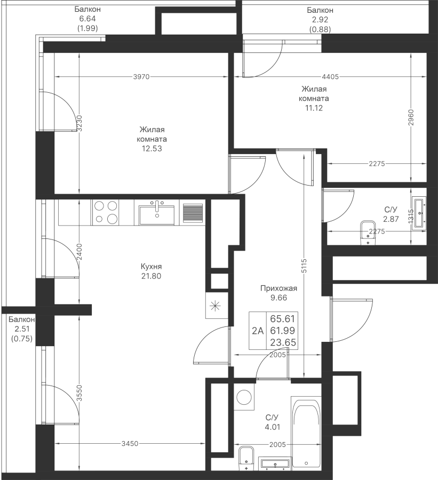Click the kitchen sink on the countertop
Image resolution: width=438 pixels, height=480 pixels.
click(156, 213)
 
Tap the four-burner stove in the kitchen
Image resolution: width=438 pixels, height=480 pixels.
click(105, 212)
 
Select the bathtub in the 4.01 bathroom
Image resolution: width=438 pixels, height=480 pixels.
click(306, 432)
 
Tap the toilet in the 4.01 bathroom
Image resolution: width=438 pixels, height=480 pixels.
click(246, 459)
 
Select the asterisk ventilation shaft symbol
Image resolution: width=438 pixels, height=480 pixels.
click(216, 306)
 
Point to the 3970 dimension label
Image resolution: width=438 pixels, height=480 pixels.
click(141, 77)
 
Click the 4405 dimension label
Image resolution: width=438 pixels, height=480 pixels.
click(330, 77)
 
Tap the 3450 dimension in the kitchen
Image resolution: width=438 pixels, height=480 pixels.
click(130, 443)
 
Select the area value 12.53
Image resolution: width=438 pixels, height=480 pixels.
click(150, 149)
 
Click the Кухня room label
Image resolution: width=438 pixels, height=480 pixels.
click(151, 266)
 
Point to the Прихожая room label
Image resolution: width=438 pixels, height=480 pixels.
click(277, 289)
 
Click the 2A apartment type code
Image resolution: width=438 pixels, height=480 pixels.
click(258, 331)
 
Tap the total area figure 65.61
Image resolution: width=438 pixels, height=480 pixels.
click(283, 319)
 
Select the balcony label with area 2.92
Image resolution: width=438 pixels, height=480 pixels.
click(320, 20)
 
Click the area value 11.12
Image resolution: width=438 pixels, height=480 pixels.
click(314, 108)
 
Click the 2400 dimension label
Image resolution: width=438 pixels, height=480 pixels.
click(79, 251)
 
